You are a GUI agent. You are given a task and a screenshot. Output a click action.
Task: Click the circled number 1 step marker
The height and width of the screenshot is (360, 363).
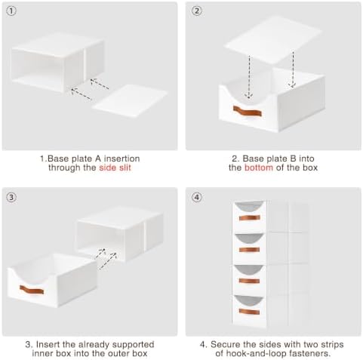click(11, 11)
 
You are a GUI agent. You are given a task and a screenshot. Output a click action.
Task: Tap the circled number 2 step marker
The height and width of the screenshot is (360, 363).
click(196, 11)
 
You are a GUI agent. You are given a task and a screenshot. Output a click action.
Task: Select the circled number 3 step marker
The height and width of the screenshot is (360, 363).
click(11, 197)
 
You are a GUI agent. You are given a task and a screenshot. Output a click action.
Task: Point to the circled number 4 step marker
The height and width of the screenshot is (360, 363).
click(197, 197)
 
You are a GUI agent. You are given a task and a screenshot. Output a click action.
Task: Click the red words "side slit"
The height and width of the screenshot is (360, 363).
click(115, 168)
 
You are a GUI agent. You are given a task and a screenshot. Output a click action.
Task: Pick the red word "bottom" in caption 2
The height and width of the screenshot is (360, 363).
click(259, 168)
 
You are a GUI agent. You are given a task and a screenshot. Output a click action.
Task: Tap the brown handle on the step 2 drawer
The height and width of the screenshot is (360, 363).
click(248, 111)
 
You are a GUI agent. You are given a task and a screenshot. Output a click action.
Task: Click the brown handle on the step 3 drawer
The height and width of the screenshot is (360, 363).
click(32, 290)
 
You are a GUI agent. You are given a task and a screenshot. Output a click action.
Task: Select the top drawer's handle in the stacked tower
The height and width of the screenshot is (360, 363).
click(250, 217)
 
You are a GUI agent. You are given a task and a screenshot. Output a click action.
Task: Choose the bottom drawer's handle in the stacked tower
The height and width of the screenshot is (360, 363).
click(249, 312)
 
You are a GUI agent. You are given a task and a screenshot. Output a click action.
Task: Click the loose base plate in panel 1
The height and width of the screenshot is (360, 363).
click(130, 101)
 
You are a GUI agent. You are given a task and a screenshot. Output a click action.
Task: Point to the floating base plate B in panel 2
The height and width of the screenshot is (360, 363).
click(273, 39)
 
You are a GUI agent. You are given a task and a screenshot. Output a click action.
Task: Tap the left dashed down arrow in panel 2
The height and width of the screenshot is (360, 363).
click(249, 76)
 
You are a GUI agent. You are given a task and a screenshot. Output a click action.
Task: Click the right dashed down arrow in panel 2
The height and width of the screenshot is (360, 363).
click(293, 69)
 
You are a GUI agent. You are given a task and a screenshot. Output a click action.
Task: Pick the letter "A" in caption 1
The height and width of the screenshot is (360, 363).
click(98, 158)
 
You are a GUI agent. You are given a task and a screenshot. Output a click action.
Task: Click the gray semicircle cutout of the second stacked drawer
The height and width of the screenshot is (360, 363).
click(249, 238)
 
